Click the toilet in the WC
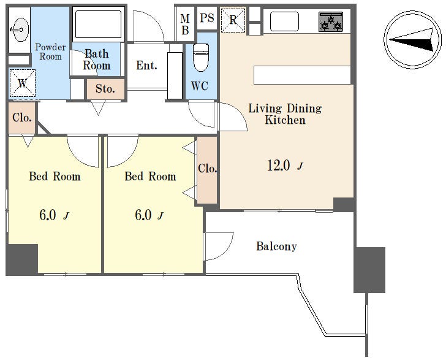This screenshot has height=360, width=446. click(x=201, y=58)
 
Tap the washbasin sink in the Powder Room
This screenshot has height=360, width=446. click(x=20, y=29)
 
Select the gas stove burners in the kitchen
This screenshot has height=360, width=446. click(x=331, y=21)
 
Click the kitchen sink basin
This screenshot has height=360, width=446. click(x=284, y=21)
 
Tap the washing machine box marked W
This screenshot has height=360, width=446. click(x=23, y=83)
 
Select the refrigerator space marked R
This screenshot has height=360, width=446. click(x=233, y=20)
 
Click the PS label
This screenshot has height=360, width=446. click(x=207, y=18)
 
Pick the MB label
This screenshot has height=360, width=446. click(x=185, y=25)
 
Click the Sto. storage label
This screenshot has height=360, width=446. click(x=105, y=89)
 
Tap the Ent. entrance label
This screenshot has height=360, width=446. click(x=146, y=66)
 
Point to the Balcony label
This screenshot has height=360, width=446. click(x=276, y=247)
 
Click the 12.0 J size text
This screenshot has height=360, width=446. click(x=285, y=166)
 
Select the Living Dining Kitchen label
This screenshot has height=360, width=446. click(x=285, y=114)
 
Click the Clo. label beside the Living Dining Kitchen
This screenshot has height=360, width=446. click(x=208, y=168)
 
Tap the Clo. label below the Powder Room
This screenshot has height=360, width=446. click(x=22, y=117)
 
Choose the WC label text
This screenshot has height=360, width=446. click(x=199, y=86)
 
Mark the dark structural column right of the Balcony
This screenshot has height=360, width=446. click(x=369, y=270)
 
